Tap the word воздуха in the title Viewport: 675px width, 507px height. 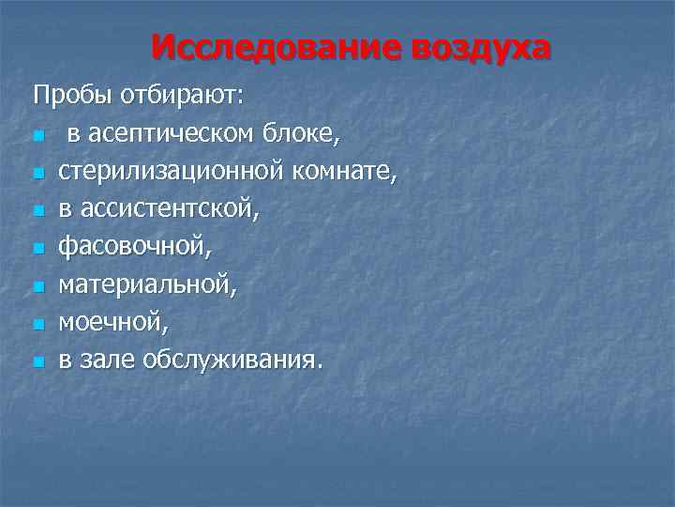(476, 47)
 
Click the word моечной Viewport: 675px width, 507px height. (112, 322)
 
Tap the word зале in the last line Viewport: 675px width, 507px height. (105, 360)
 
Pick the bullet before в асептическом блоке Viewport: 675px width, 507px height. (37, 137)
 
